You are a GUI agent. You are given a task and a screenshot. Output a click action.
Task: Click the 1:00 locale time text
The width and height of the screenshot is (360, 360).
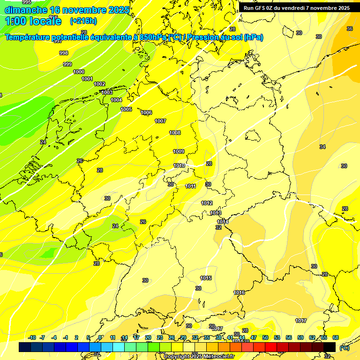33,21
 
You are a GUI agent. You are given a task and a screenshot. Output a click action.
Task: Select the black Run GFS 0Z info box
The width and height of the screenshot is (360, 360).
296,8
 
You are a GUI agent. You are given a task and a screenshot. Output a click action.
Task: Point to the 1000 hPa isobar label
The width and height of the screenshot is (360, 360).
79,72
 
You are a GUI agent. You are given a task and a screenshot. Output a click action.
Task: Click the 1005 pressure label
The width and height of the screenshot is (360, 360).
126,109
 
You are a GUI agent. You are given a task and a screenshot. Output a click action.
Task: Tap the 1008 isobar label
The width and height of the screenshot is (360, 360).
175,133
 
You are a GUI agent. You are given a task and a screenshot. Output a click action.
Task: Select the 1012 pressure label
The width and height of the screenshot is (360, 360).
207,203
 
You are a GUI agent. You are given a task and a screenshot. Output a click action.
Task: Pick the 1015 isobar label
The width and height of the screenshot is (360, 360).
206,278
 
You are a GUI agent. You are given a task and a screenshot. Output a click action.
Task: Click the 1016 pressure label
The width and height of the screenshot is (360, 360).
239,292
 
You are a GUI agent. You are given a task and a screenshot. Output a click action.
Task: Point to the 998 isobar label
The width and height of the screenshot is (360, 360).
64,53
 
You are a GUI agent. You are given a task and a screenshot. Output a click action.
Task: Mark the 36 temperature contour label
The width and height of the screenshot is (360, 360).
349,29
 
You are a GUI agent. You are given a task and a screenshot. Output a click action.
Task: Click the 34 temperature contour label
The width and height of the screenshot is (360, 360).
322,147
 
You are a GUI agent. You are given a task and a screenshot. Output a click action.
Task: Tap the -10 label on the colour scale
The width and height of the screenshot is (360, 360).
32,337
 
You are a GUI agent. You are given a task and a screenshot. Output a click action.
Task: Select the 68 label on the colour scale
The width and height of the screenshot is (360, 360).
336,337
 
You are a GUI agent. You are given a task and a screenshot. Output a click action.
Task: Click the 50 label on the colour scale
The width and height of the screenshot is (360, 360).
265,337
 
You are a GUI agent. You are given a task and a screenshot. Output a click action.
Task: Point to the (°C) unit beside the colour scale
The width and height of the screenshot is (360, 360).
344,348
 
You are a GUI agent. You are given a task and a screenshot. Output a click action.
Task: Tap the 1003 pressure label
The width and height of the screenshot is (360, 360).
107,92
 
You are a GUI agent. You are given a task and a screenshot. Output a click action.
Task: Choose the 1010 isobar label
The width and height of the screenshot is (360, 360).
179,165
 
